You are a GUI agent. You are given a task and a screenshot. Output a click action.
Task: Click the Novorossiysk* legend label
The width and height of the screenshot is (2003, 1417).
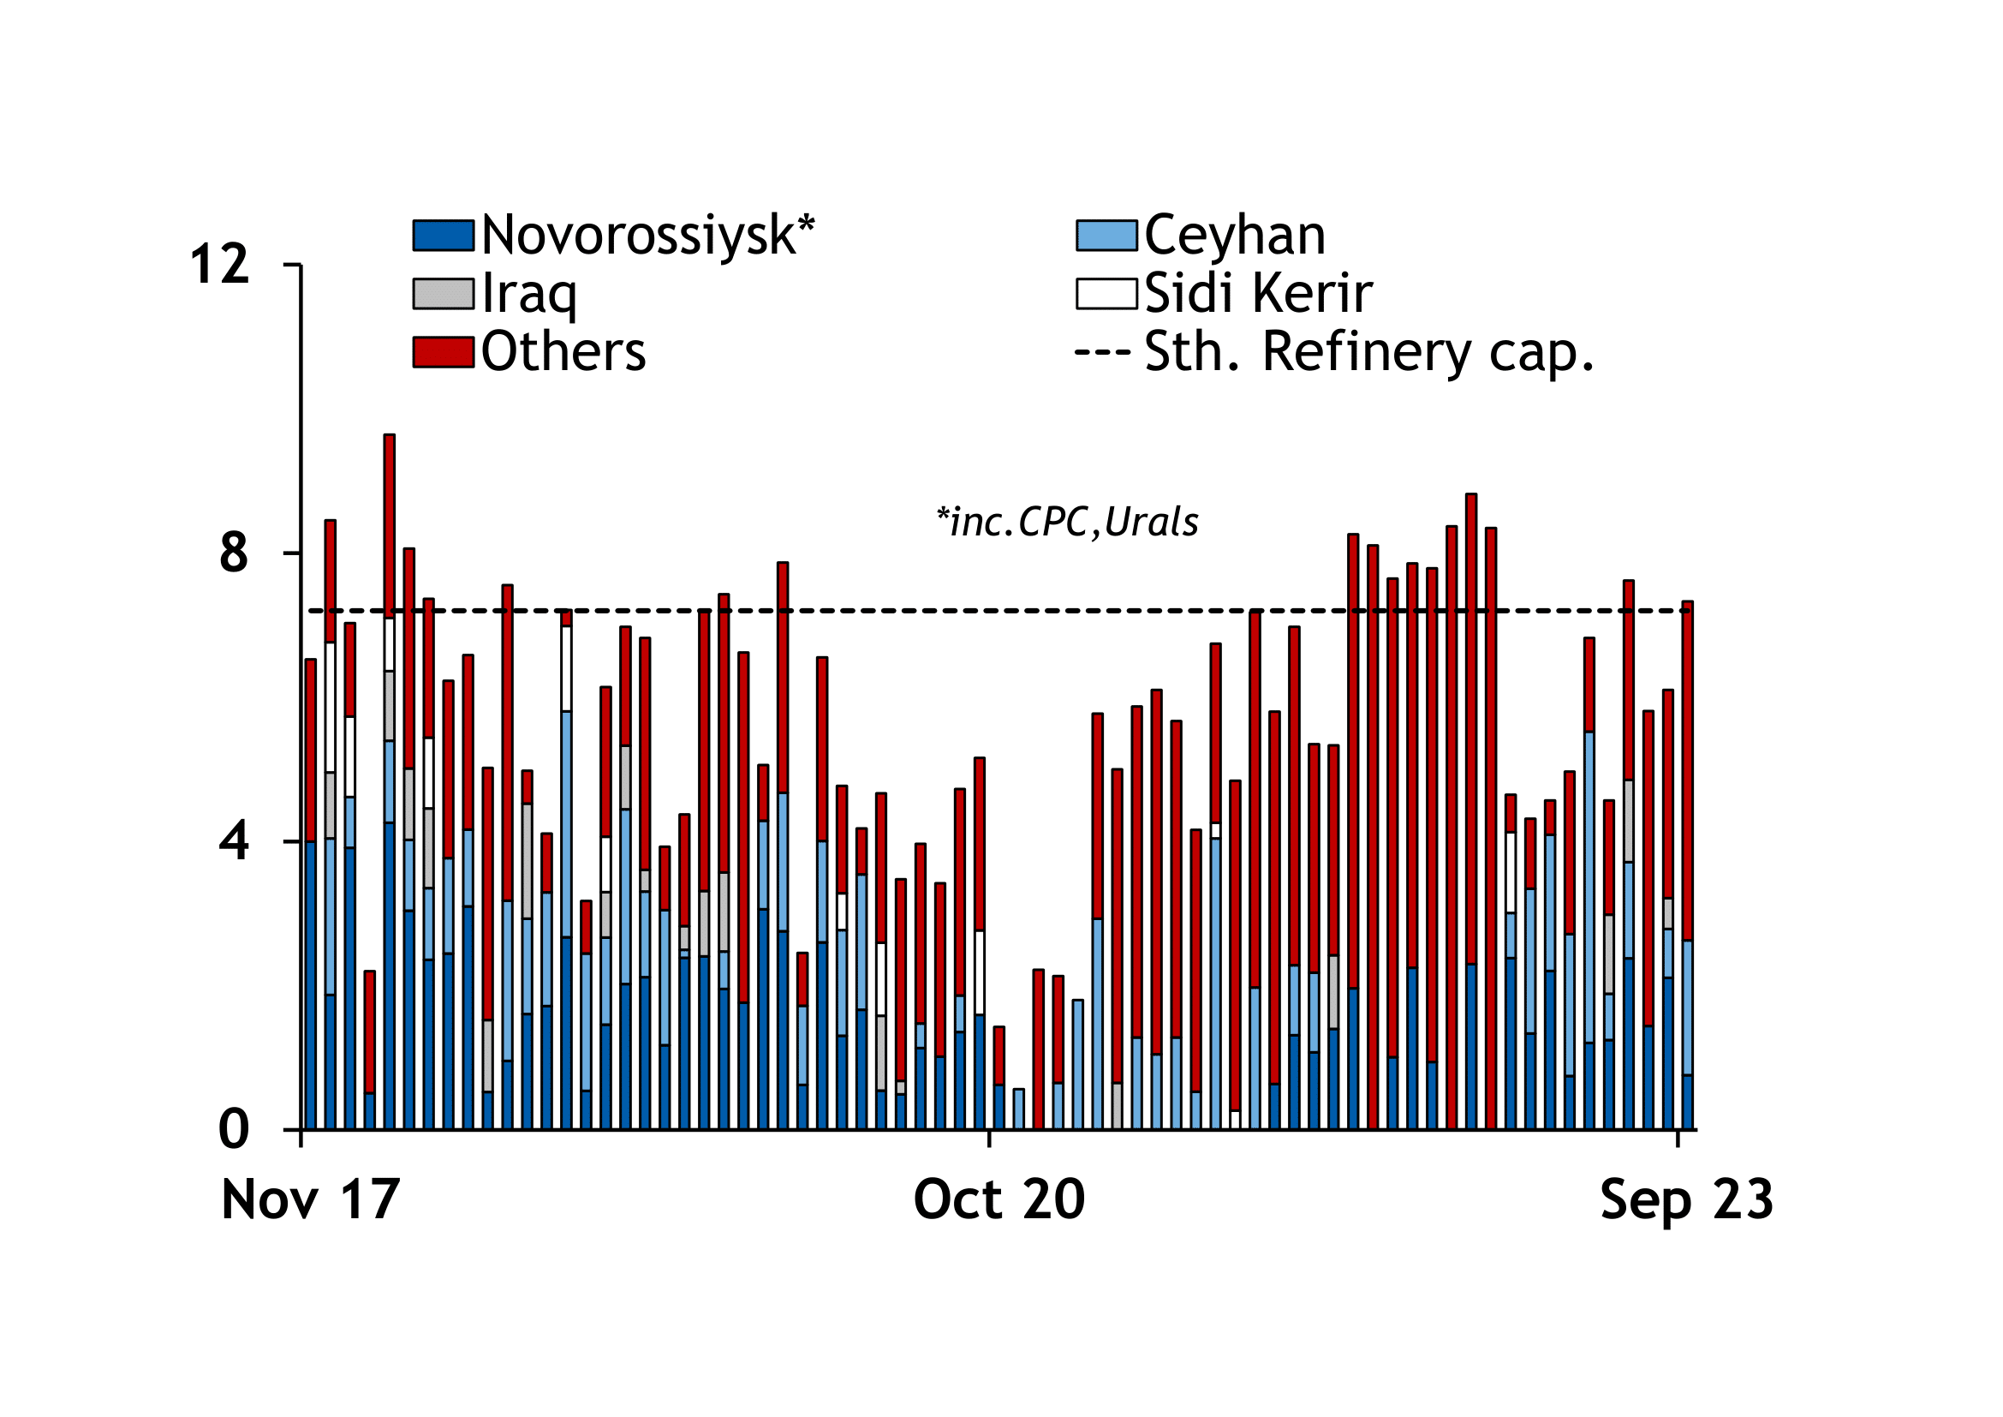pyautogui.click(x=647, y=236)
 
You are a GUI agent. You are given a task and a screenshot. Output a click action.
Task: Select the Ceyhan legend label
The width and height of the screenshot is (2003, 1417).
pyautogui.click(x=1235, y=236)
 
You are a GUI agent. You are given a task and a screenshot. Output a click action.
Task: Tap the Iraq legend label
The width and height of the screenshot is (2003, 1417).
pyautogui.click(x=528, y=293)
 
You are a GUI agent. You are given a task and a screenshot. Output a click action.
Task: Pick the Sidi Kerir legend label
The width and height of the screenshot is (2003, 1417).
pyautogui.click(x=1258, y=293)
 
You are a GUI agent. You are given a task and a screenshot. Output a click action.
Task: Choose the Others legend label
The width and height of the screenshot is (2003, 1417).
pyautogui.click(x=563, y=351)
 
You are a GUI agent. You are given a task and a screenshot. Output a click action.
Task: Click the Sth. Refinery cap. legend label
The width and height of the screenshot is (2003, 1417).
pyautogui.click(x=1368, y=351)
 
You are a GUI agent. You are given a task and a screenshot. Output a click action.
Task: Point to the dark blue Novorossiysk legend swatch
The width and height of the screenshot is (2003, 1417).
pyautogui.click(x=444, y=236)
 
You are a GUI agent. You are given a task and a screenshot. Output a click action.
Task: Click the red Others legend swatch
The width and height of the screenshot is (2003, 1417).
pyautogui.click(x=444, y=351)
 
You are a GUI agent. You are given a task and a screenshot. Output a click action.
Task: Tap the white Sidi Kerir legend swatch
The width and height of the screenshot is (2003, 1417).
pyautogui.click(x=1106, y=294)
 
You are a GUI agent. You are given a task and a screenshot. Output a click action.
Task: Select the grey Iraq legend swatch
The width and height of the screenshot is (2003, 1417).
pyautogui.click(x=444, y=294)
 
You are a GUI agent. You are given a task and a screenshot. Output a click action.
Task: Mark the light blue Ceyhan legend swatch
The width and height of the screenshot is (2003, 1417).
pyautogui.click(x=1106, y=236)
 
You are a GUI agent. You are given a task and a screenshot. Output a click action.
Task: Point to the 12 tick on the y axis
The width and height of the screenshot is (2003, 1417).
pyautogui.click(x=220, y=265)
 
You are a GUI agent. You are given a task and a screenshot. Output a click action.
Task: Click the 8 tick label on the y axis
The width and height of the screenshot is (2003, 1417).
pyautogui.click(x=234, y=553)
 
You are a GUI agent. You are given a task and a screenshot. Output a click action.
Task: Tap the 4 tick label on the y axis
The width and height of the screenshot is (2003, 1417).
pyautogui.click(x=234, y=842)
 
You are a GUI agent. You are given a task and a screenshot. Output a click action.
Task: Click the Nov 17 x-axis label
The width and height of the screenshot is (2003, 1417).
pyautogui.click(x=311, y=1199)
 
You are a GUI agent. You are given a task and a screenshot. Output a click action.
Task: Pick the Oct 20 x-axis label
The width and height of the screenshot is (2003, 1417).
pyautogui.click(x=999, y=1199)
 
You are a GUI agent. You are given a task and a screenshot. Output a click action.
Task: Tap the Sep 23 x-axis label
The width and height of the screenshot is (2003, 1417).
pyautogui.click(x=1686, y=1199)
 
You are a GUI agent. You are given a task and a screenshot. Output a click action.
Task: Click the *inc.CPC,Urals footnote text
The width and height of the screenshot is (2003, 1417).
pyautogui.click(x=1067, y=523)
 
